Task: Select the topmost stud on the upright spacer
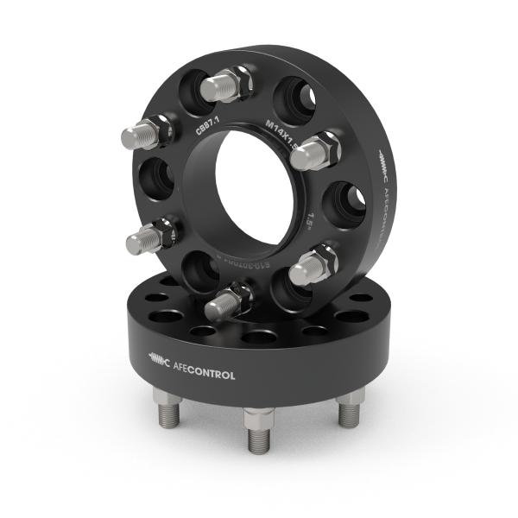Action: (224, 85)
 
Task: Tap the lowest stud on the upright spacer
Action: (226, 299)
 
